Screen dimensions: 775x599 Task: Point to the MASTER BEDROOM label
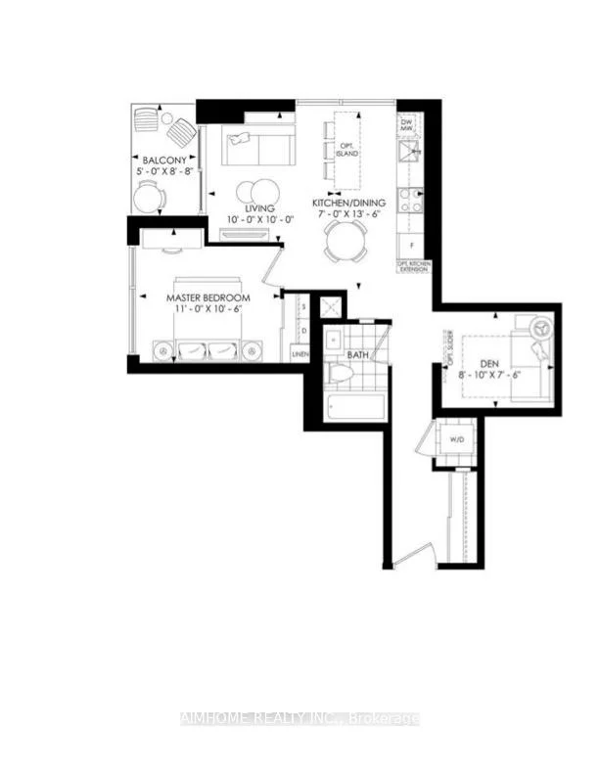tap(207, 296)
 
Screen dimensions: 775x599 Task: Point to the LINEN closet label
tap(300, 354)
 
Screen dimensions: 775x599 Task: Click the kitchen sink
tap(409, 151)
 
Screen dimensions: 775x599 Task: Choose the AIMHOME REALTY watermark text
tap(299, 719)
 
